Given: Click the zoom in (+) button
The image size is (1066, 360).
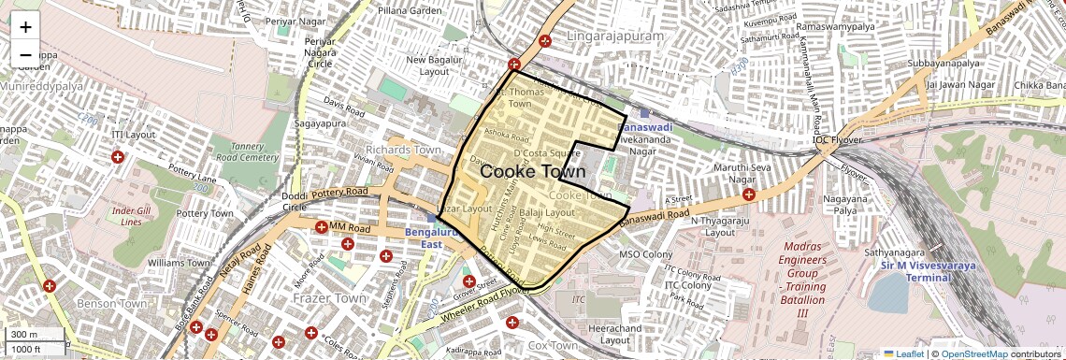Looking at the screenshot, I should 25,27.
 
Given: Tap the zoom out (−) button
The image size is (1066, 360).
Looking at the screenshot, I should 25,54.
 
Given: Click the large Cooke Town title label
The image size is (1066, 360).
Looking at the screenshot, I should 532,172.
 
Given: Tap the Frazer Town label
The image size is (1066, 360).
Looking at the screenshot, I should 330,298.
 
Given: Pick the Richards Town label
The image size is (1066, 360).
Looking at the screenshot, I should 403,150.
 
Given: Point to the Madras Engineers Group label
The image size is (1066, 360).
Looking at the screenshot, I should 800,272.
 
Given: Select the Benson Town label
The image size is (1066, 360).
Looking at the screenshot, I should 111,304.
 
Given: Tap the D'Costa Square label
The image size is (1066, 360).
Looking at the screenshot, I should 547,153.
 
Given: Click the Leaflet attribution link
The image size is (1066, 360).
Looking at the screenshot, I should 903,353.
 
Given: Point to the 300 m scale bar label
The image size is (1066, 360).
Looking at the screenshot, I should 24,335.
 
